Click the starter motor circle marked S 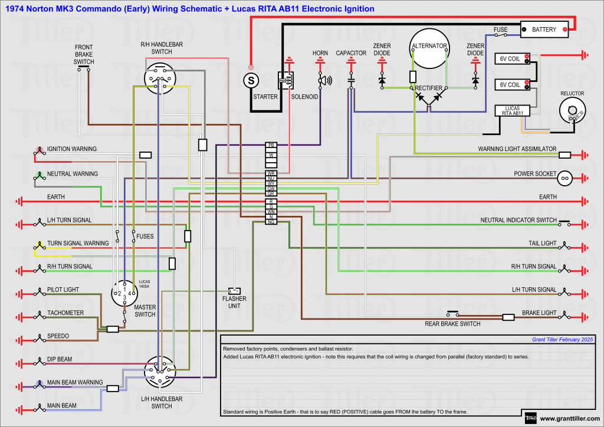point(251,80)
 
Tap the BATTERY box point(544,29)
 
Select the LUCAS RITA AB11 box point(513,110)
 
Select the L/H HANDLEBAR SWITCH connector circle point(161,372)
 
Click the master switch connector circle point(126,293)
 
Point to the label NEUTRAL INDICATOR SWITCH point(518,220)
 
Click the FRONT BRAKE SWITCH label point(84,54)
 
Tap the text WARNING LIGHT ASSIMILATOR point(517,149)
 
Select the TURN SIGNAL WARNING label point(78,243)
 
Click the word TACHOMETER point(65,313)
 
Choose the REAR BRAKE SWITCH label point(452,324)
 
